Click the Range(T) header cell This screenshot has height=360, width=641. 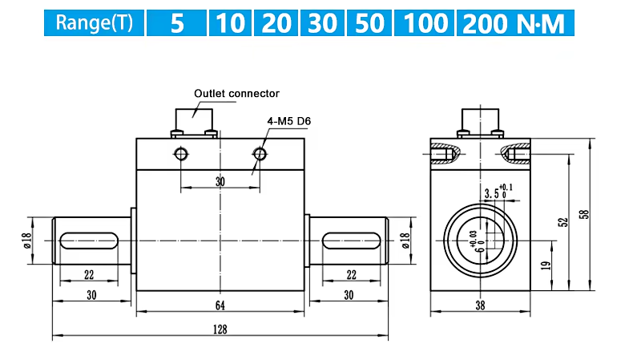click(x=94, y=23)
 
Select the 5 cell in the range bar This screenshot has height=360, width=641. click(x=176, y=23)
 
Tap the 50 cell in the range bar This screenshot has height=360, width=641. click(x=369, y=23)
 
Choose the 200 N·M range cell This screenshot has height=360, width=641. click(x=515, y=23)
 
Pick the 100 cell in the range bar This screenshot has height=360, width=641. click(x=424, y=23)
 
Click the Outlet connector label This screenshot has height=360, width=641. click(x=236, y=94)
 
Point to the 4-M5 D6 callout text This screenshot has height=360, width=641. click(x=289, y=121)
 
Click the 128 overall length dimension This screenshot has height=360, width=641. click(x=220, y=330)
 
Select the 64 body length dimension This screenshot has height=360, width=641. click(x=220, y=305)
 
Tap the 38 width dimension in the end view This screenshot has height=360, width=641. click(x=480, y=305)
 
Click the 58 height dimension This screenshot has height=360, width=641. click(x=585, y=214)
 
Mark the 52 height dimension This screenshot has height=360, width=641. click(x=563, y=223)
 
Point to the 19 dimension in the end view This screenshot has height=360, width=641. click(x=546, y=266)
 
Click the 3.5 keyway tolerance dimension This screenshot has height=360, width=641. click(x=498, y=192)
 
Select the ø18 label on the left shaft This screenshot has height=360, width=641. click(x=27, y=241)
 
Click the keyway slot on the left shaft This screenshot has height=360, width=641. click(x=89, y=241)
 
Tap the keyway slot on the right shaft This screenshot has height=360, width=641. click(x=352, y=241)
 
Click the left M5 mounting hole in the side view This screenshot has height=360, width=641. click(x=181, y=154)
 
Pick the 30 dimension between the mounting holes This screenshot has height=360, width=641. click(x=220, y=182)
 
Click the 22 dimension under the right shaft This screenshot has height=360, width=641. click(x=352, y=275)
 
